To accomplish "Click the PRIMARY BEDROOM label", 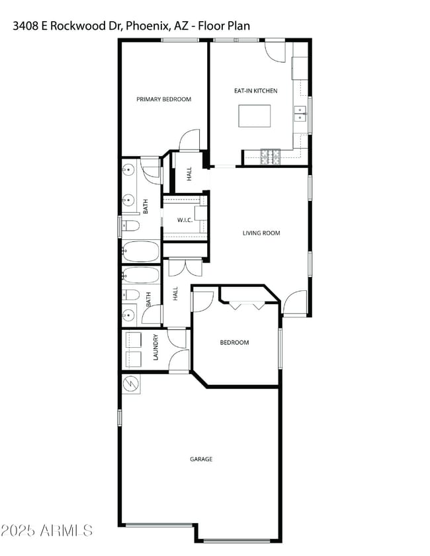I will pyautogui.click(x=163, y=99).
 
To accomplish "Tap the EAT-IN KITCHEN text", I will pyautogui.click(x=255, y=91).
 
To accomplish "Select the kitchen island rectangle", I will pyautogui.click(x=255, y=116).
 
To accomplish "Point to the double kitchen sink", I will pyautogui.click(x=301, y=114).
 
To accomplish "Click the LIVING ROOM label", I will pyautogui.click(x=261, y=233).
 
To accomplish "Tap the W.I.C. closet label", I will pyautogui.click(x=185, y=219).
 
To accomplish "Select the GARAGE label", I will pyautogui.click(x=201, y=459).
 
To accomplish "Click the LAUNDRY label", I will pyautogui.click(x=156, y=349).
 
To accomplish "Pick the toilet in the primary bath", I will pyautogui.click(x=130, y=226).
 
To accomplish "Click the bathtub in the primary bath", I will pyautogui.click(x=140, y=251).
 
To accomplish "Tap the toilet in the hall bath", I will pyautogui.click(x=131, y=295).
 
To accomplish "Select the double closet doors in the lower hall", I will pyautogui.click(x=185, y=267).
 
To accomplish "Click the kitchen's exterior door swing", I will pyautogui.click(x=275, y=52).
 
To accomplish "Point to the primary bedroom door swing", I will pyautogui.click(x=190, y=139).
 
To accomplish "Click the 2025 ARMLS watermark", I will pyautogui.click(x=46, y=530).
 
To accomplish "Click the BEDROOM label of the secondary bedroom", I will pyautogui.click(x=234, y=342).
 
